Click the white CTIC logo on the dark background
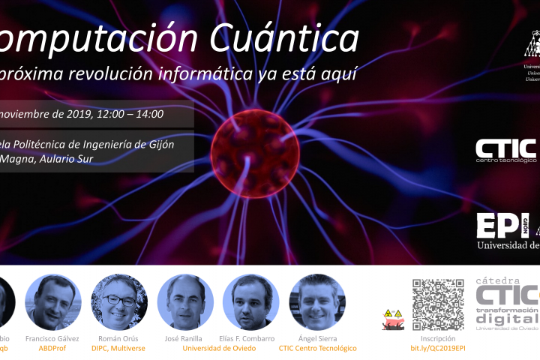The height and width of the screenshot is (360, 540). click(507, 148)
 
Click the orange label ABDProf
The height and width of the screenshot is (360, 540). click(52, 348)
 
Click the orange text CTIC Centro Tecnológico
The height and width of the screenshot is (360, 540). click(316, 348)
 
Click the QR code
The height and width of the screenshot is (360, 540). click(438, 304)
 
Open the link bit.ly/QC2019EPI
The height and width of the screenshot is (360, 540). click(438, 348)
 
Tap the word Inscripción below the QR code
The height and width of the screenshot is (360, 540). click(438, 338)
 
